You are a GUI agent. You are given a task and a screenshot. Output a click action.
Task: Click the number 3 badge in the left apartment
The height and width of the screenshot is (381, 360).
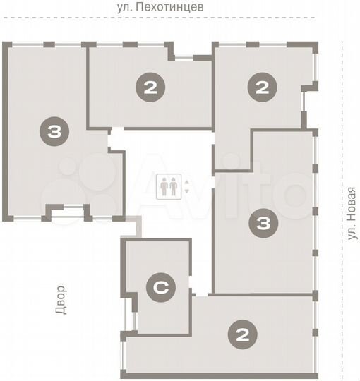coord(54,131)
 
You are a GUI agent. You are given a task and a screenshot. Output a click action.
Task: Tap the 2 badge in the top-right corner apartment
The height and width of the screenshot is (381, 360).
coord(261,88)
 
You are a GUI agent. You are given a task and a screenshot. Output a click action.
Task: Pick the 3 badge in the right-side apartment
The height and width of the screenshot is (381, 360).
coord(263,224)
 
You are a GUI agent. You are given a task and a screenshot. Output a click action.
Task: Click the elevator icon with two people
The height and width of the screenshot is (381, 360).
coord(169,187)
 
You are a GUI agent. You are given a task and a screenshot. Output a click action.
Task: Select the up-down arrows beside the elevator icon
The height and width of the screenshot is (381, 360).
coord(186,187)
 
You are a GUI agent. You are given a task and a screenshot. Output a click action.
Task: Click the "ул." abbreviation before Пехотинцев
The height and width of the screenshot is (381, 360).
coord(127,8)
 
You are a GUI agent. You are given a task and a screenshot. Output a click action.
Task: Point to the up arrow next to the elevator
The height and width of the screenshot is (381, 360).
coord(186,183)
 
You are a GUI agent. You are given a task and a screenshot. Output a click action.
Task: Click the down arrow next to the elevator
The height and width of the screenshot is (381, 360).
coord(186,191)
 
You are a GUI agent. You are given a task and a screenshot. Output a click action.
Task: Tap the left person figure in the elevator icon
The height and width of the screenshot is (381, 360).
coord(165,187)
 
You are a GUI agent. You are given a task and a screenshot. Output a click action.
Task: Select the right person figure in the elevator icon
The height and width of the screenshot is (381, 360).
coord(174,187)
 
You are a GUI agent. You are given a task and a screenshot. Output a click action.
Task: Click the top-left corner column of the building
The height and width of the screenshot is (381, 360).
coord(6,46)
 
